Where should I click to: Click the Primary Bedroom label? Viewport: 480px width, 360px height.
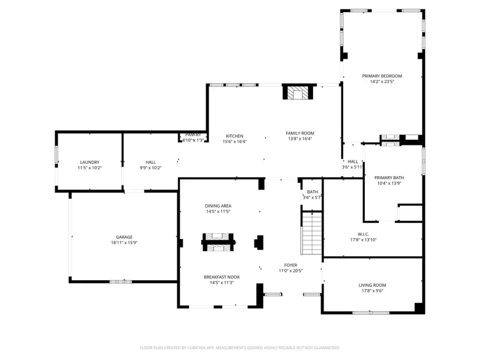click(382, 76)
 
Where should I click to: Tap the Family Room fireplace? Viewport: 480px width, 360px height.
click(298, 92)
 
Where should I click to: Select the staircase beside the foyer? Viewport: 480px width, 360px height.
click(312, 233)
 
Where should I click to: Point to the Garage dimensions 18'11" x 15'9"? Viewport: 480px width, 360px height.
click(125, 243)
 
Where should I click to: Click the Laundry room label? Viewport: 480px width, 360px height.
click(90, 162)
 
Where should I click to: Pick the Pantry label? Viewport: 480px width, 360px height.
click(193, 135)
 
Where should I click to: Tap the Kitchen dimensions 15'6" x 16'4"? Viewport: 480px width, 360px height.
click(234, 141)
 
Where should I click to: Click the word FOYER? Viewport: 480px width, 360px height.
click(290, 265)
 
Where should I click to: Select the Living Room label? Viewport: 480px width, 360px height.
click(372, 285)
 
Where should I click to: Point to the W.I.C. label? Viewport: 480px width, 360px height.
click(364, 234)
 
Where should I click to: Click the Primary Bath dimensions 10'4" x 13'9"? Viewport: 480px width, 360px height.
click(389, 183)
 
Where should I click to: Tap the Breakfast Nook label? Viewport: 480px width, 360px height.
click(222, 277)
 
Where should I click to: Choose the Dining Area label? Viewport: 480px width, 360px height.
click(218, 206)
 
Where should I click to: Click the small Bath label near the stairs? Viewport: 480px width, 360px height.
click(312, 192)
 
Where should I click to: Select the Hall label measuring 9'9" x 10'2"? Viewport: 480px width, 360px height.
click(151, 162)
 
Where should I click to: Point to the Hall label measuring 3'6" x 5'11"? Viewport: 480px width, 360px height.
click(353, 161)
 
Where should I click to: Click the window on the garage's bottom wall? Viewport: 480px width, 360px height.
click(121, 281)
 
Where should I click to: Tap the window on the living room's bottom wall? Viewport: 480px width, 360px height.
click(371, 312)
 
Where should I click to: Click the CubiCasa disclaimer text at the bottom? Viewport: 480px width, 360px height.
click(240, 348)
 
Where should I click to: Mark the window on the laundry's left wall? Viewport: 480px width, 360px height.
click(56, 155)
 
